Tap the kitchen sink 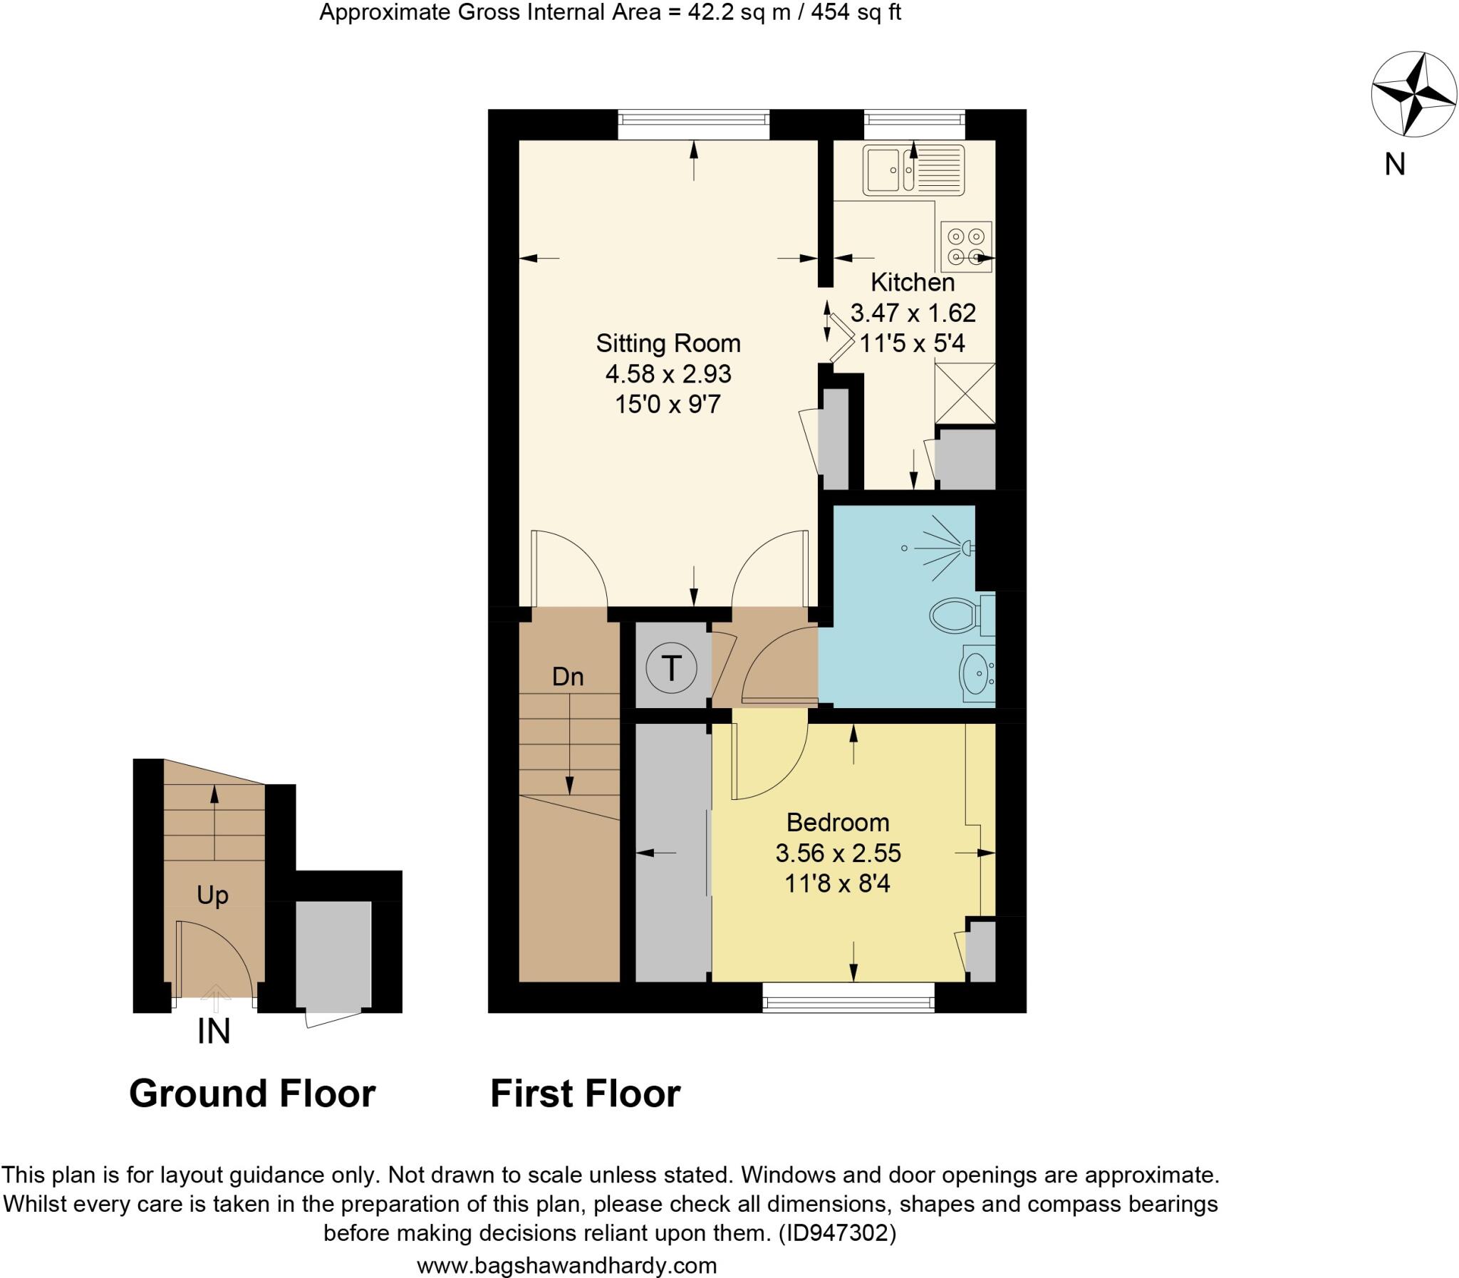pyautogui.click(x=913, y=170)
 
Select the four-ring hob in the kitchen pyautogui.click(x=965, y=246)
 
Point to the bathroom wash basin pyautogui.click(x=975, y=673)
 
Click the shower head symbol pyautogui.click(x=965, y=548)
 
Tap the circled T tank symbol pyautogui.click(x=671, y=668)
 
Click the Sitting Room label pyautogui.click(x=668, y=343)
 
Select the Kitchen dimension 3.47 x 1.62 pyautogui.click(x=913, y=313)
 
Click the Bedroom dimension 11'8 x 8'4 pyautogui.click(x=837, y=884)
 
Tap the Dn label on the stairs pyautogui.click(x=568, y=676)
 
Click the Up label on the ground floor pyautogui.click(x=212, y=895)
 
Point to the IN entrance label pyautogui.click(x=213, y=1032)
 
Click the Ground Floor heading pyautogui.click(x=252, y=1093)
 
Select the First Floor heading pyautogui.click(x=585, y=1093)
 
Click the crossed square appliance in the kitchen pyautogui.click(x=965, y=393)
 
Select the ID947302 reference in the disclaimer pyautogui.click(x=836, y=1232)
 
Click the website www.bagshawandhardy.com pyautogui.click(x=567, y=1266)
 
